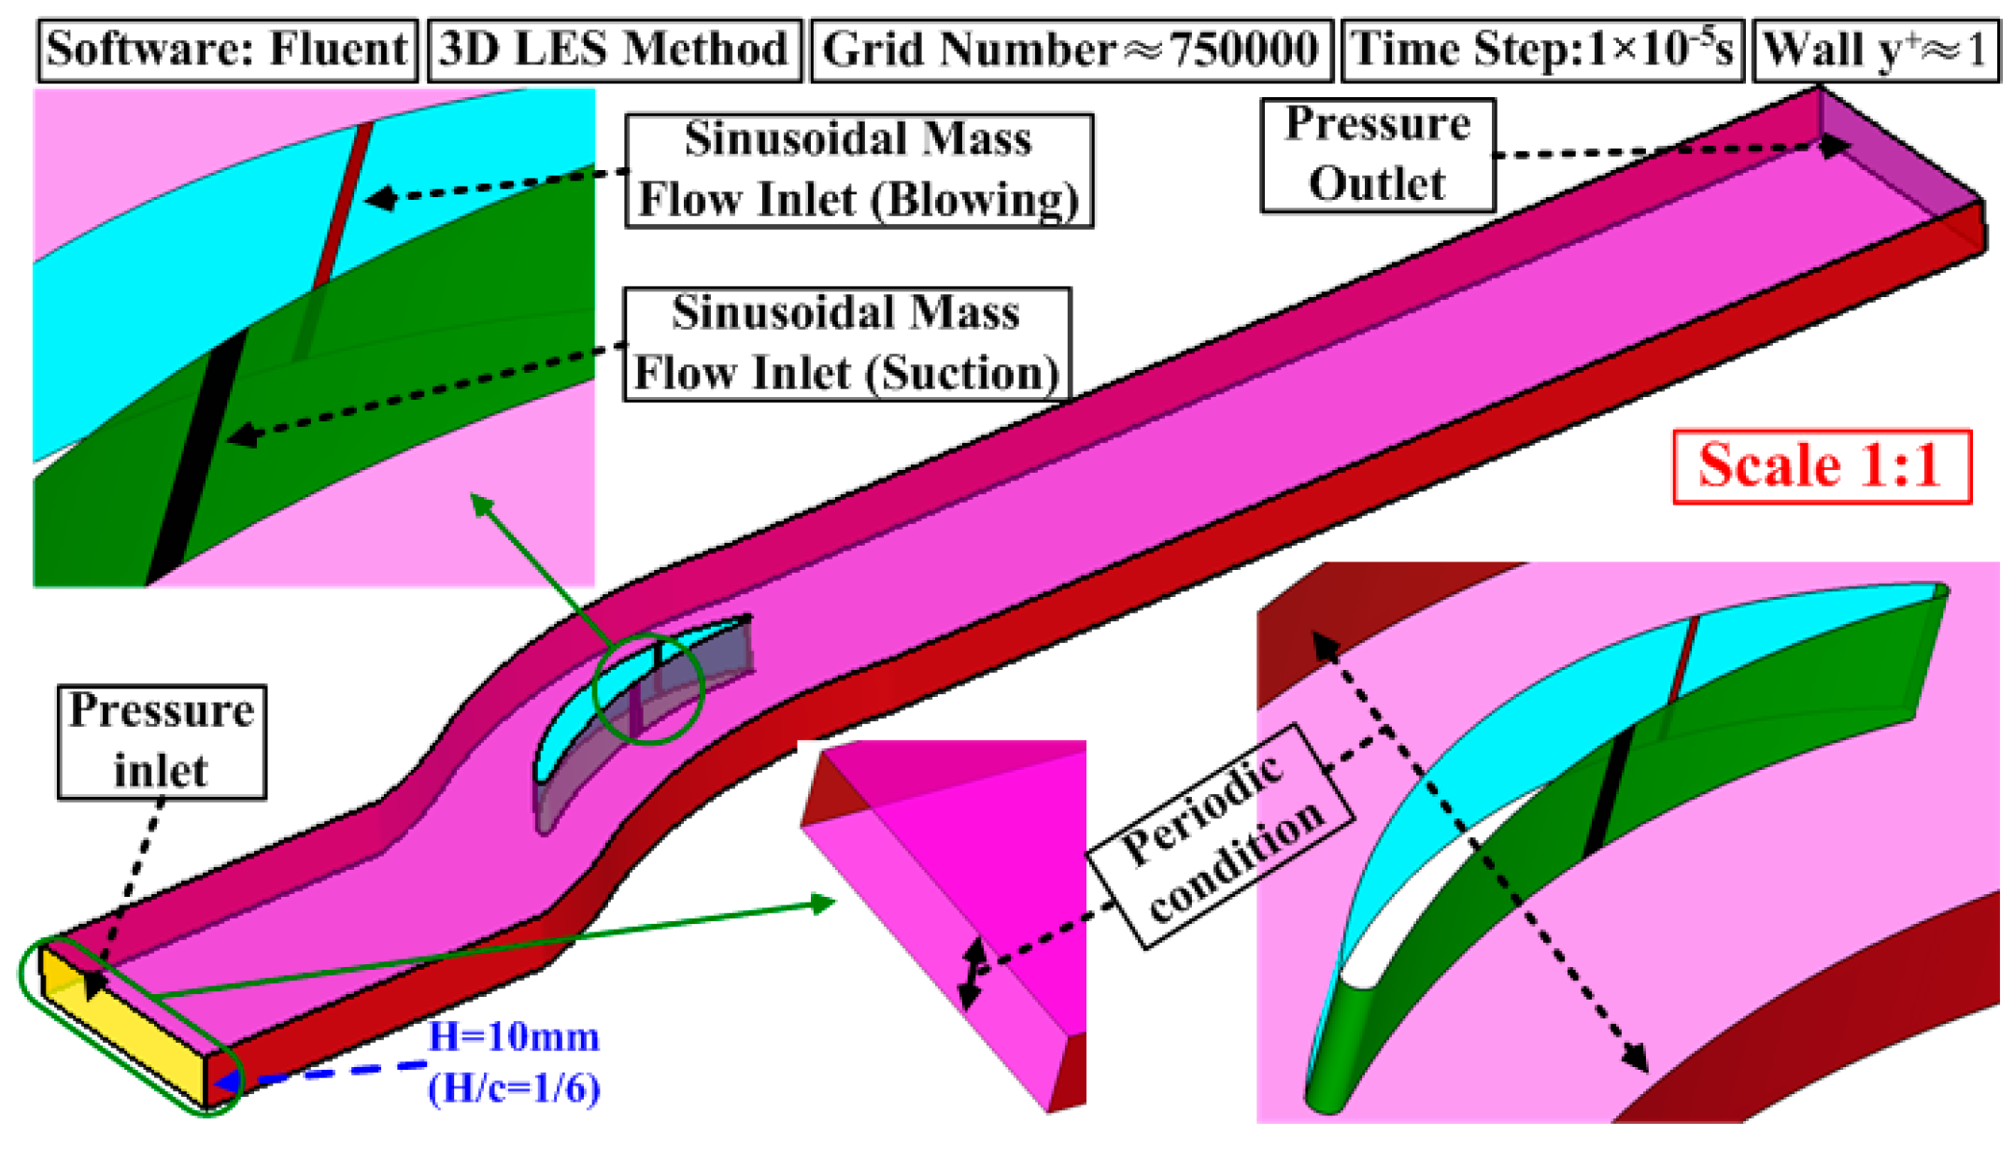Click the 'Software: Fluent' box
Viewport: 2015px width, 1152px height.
click(x=227, y=50)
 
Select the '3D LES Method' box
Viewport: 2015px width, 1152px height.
click(x=614, y=50)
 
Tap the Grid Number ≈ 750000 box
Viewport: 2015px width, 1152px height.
click(x=1071, y=50)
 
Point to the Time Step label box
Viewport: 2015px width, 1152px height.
click(x=1542, y=50)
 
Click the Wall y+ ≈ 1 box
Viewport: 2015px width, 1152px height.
click(x=1875, y=50)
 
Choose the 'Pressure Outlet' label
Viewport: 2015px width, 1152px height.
click(x=1377, y=154)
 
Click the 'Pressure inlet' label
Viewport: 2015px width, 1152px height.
click(x=162, y=742)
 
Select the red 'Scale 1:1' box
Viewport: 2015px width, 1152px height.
click(x=1821, y=466)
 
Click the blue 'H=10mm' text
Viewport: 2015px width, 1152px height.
click(x=514, y=1038)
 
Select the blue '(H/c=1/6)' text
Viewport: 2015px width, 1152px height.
click(x=514, y=1088)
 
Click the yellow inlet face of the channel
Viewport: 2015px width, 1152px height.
click(x=121, y=1023)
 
